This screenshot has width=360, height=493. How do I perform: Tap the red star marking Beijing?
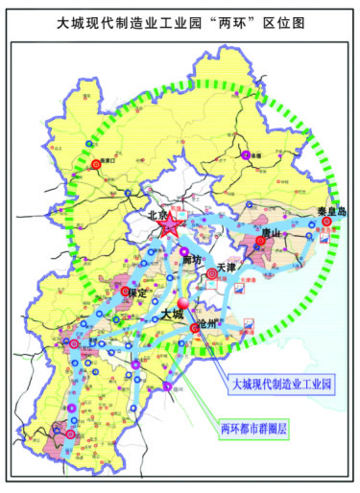[x=170, y=228]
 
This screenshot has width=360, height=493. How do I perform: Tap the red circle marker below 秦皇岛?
[x=327, y=222]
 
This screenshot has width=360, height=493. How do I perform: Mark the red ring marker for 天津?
[x=212, y=274]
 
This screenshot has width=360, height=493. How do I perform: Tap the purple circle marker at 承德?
[x=247, y=153]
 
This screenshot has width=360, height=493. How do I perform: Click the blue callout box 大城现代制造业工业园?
[x=281, y=384]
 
